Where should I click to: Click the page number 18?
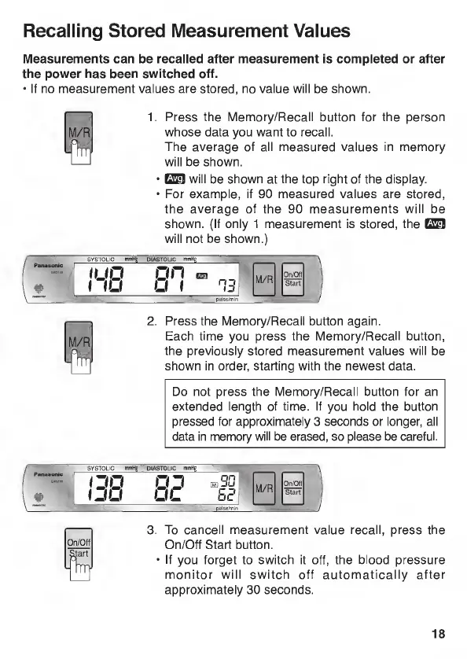click(x=438, y=633)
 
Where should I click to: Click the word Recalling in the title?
click(x=63, y=32)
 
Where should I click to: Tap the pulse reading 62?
click(x=227, y=496)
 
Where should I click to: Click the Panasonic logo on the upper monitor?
click(x=48, y=265)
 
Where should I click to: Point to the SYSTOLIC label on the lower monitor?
click(x=101, y=468)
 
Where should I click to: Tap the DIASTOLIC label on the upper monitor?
click(x=161, y=260)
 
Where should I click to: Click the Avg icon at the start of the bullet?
click(x=175, y=179)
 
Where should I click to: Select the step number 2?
click(x=152, y=322)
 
